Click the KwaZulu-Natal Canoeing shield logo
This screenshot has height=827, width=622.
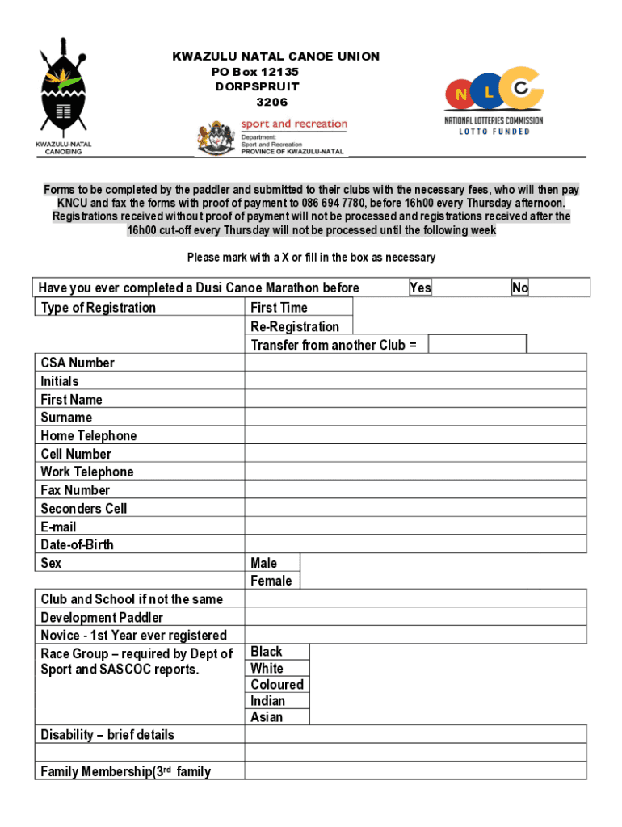[63, 90]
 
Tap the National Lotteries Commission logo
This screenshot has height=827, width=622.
[494, 101]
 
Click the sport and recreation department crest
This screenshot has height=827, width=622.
[216, 137]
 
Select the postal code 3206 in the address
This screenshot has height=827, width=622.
[271, 103]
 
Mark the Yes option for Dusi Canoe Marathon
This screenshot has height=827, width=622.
[420, 288]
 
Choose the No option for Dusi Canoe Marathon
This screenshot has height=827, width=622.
[520, 288]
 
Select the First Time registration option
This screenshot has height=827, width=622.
[279, 308]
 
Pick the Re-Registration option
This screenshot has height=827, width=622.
[295, 326]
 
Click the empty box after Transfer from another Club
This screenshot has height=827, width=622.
[477, 345]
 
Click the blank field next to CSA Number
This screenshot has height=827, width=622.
[415, 363]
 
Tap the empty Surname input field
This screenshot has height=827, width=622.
[415, 418]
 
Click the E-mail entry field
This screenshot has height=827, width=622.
[415, 527]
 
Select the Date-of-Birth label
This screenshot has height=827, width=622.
[78, 544]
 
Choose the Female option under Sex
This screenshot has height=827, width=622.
[271, 581]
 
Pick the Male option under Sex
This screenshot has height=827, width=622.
[263, 563]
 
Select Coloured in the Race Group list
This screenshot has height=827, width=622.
[277, 684]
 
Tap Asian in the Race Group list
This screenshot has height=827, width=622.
[267, 717]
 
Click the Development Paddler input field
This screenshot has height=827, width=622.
[415, 618]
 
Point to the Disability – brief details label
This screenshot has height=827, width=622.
[107, 735]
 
